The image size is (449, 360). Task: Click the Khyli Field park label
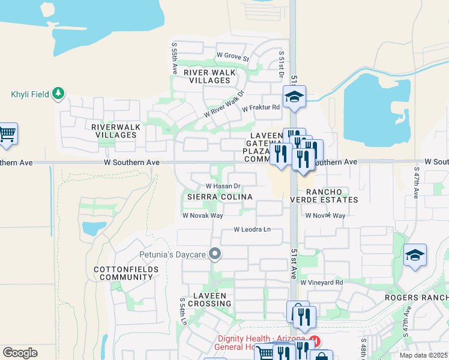[31, 94]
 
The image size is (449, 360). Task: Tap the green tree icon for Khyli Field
[58, 93]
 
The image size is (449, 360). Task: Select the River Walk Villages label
[209, 76]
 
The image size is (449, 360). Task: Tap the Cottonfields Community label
[126, 274]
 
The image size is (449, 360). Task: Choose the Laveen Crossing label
[213, 299]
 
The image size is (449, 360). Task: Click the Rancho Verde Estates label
[324, 196]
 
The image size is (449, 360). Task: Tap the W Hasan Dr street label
[223, 186]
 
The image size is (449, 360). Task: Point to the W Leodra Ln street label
[252, 229]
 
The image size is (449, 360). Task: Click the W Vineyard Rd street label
[322, 282]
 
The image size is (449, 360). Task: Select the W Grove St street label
[233, 57]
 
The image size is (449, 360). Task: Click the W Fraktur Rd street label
[261, 108]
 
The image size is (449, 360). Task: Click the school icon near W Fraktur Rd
[294, 97]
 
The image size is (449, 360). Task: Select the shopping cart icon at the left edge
[7, 134]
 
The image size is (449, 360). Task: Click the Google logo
[20, 353]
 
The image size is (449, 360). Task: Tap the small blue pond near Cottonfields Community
[93, 228]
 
